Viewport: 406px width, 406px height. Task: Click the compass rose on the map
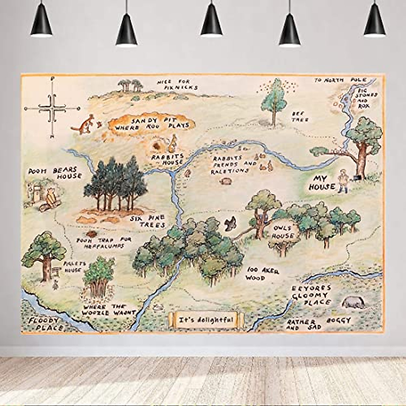pos(52,108)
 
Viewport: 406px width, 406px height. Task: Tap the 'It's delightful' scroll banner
pos(206,319)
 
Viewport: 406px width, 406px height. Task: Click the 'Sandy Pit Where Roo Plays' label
pos(151,124)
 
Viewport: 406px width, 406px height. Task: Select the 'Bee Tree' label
pos(300,116)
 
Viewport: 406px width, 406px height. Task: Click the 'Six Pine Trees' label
pos(149,222)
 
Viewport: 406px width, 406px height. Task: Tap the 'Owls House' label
pos(283,232)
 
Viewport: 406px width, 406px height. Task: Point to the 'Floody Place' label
pos(45,324)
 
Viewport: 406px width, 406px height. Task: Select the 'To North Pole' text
pos(340,80)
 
